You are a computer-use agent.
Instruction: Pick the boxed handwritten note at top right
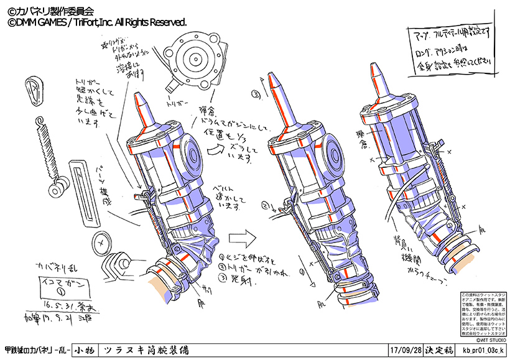click(x=450, y=48)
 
